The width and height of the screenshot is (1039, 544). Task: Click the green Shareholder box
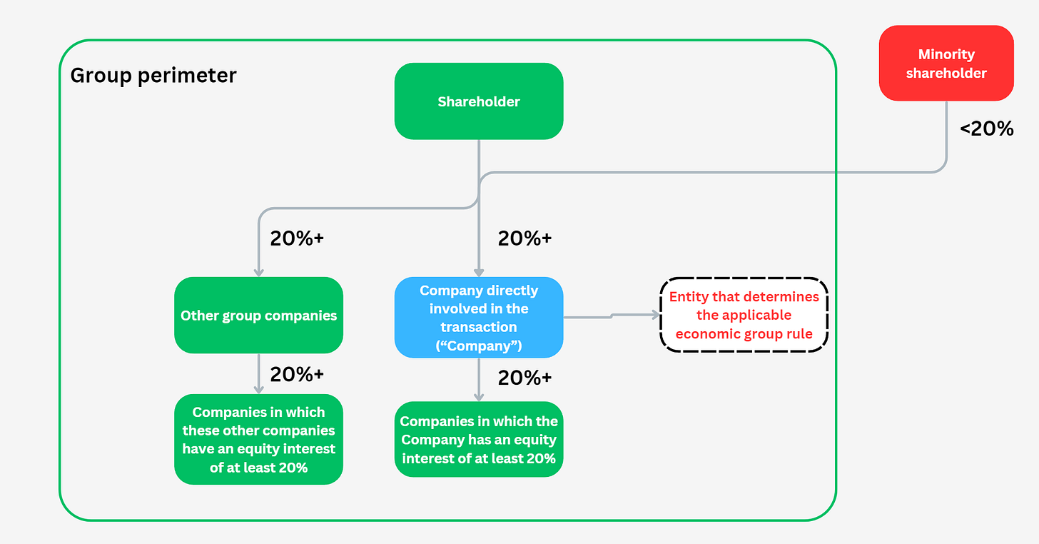[x=479, y=101]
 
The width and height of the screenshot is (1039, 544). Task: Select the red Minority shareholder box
[x=946, y=64]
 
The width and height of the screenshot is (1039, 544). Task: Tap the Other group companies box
[x=258, y=316]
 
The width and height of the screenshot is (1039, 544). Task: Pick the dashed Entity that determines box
[x=744, y=315]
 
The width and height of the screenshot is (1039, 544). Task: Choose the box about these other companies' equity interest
[x=258, y=439]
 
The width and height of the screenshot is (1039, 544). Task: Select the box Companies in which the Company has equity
[x=479, y=439]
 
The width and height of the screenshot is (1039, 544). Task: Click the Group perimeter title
[x=153, y=75]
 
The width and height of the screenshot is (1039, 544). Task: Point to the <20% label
[x=986, y=129]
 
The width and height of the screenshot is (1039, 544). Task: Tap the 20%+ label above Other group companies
[x=297, y=238]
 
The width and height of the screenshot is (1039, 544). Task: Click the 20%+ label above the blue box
[x=524, y=238]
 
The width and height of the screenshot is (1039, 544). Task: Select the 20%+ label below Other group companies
[x=297, y=374]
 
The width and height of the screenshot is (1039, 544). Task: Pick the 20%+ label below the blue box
[x=524, y=378]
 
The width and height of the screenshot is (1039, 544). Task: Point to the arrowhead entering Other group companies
[x=258, y=272]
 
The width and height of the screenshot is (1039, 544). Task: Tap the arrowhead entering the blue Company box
[x=479, y=272]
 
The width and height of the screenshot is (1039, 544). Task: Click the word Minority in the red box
[x=946, y=55]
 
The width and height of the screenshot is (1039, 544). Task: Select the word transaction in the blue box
[x=479, y=327]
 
